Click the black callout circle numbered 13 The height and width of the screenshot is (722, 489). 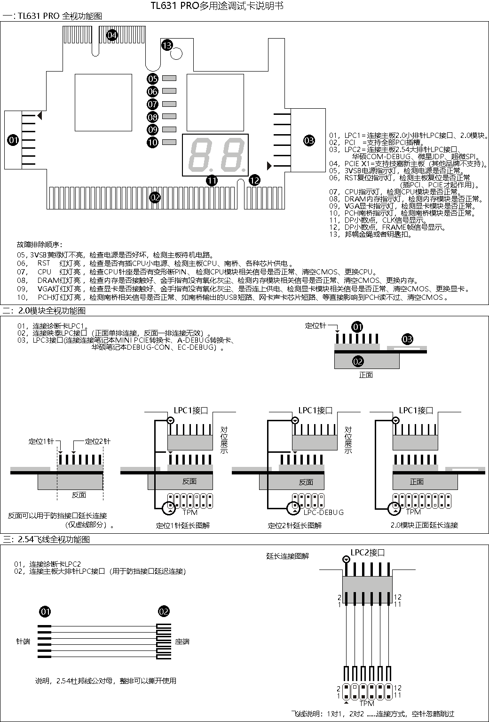[x=167, y=45]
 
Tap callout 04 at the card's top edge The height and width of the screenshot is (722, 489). [x=111, y=35]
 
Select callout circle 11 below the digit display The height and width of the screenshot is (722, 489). [x=212, y=180]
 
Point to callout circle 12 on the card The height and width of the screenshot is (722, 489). [x=254, y=180]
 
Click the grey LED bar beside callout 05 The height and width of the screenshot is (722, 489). [x=169, y=79]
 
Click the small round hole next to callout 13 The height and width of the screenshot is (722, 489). [x=176, y=53]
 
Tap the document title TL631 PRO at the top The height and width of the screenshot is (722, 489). [x=216, y=6]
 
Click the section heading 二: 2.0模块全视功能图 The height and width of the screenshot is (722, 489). [x=45, y=311]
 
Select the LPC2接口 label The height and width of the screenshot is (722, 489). [x=368, y=553]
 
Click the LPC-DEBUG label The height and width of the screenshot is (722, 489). [x=323, y=512]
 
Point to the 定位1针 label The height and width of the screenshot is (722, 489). [x=41, y=441]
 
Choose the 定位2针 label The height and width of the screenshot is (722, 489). [x=97, y=441]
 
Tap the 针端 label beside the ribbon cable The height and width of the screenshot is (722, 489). [x=24, y=641]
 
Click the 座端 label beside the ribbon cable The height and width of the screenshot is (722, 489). [x=182, y=641]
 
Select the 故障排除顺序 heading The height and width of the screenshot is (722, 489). [x=39, y=245]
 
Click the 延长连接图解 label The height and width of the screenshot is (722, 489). [x=288, y=556]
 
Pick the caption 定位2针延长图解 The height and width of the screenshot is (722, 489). [x=295, y=525]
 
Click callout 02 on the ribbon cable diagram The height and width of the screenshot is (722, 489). [x=164, y=611]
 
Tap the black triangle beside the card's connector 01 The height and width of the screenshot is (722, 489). [x=41, y=115]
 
